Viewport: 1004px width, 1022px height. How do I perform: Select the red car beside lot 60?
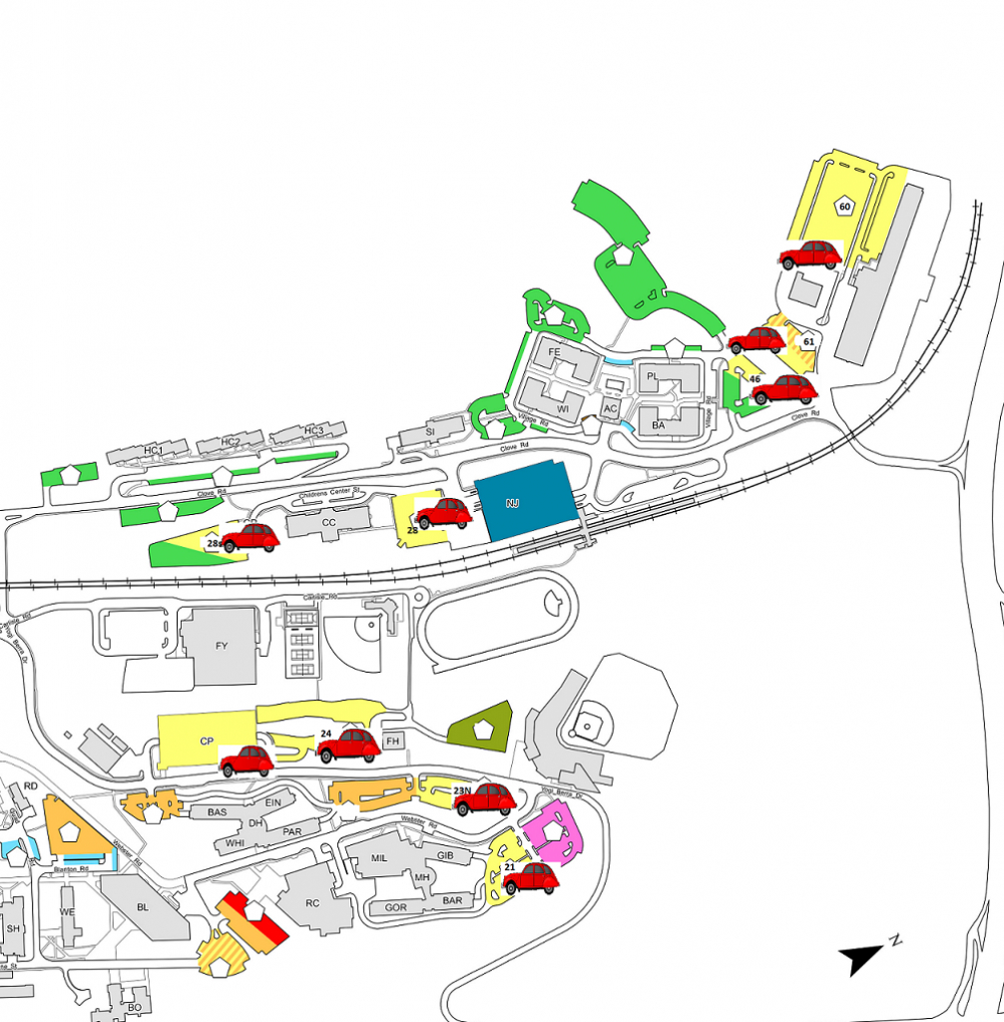810,255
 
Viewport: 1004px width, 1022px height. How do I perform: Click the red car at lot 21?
530,878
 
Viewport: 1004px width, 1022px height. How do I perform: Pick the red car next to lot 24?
348,745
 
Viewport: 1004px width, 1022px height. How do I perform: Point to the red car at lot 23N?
485,798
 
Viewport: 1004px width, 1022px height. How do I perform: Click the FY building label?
222,647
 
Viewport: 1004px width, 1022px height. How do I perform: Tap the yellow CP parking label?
207,741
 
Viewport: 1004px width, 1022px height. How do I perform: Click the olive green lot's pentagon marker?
483,730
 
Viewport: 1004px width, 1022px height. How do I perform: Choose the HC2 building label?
231,442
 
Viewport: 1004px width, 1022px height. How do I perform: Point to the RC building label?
312,903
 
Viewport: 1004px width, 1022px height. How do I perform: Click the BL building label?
142,907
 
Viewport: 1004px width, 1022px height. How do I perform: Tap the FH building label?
393,742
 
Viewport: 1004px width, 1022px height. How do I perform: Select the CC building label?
327,521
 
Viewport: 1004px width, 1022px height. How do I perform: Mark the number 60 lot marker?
844,207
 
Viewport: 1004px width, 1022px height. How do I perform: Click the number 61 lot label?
809,342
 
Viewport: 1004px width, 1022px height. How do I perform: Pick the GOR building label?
395,908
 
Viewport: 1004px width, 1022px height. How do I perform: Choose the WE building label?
67,912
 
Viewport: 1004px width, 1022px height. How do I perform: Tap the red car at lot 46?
784,389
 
